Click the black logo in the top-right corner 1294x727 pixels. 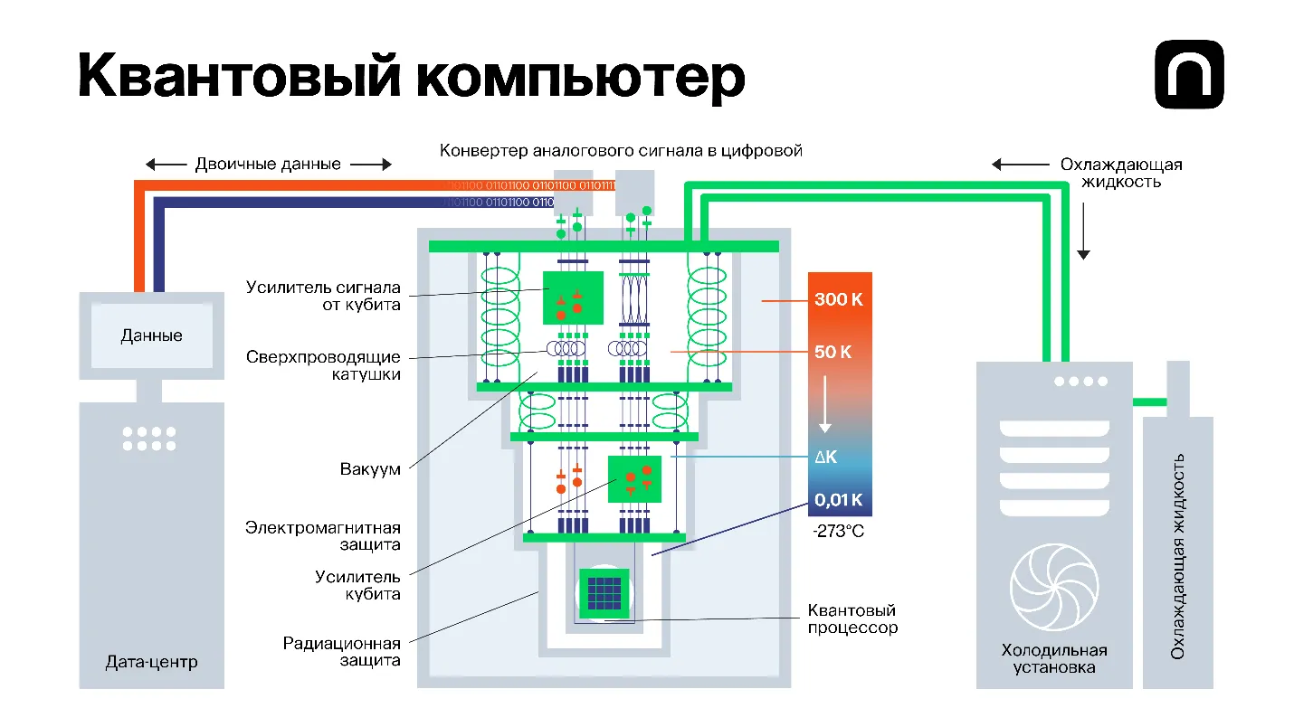(x=1189, y=74)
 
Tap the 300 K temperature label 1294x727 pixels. (x=838, y=299)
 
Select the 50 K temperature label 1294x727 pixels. (x=833, y=352)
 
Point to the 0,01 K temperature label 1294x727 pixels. (x=838, y=499)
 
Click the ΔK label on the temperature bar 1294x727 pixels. (x=825, y=458)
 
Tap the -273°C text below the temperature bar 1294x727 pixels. (x=838, y=532)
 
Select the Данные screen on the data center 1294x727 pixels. (x=151, y=335)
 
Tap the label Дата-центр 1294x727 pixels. (x=151, y=662)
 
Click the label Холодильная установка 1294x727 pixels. (x=1054, y=658)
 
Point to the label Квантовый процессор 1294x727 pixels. (x=852, y=619)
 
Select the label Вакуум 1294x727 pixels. (x=370, y=470)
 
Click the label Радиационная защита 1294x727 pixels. (x=341, y=652)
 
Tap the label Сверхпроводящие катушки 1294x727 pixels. (x=323, y=365)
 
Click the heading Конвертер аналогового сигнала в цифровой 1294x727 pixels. (x=621, y=150)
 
